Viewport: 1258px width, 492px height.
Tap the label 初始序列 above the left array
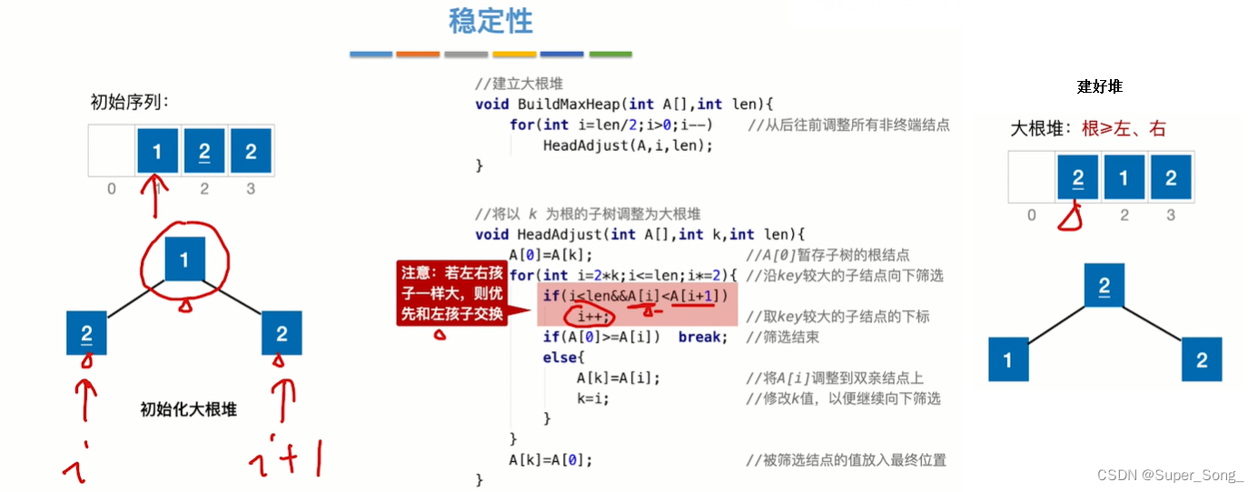(x=130, y=102)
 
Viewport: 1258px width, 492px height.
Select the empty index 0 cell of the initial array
(x=111, y=152)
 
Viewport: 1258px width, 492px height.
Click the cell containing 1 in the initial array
(x=157, y=152)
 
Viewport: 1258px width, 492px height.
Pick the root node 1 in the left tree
(x=184, y=260)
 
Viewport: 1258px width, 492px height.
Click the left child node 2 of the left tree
(x=87, y=332)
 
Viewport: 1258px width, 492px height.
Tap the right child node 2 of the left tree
(x=282, y=332)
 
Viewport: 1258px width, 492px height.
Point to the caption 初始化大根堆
(x=188, y=409)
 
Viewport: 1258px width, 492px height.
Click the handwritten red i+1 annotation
(x=285, y=458)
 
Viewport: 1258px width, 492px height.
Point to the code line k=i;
(x=592, y=398)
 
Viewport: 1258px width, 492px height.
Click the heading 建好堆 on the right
(x=1099, y=86)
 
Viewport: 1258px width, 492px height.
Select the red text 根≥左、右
(x=1124, y=129)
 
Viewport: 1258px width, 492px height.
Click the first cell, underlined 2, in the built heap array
(x=1077, y=176)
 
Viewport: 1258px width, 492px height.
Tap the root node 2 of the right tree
(x=1104, y=286)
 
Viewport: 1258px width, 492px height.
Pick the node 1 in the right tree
(x=1008, y=359)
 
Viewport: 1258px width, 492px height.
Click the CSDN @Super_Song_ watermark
(x=1169, y=476)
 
